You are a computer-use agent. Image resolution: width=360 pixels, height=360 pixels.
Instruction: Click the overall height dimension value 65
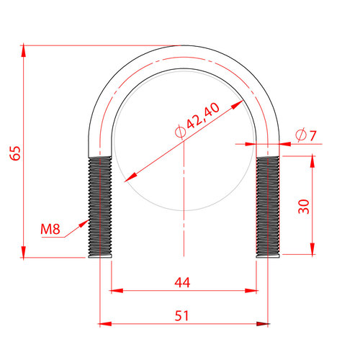pyautogui.click(x=15, y=153)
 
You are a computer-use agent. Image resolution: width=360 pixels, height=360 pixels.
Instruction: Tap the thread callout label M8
pyautogui.click(x=50, y=229)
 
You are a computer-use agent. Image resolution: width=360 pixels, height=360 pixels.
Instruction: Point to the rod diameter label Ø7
pyautogui.click(x=306, y=135)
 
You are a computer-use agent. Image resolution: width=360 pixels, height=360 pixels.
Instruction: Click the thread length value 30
pyautogui.click(x=304, y=207)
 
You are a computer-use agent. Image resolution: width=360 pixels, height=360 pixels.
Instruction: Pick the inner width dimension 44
pyautogui.click(x=182, y=282)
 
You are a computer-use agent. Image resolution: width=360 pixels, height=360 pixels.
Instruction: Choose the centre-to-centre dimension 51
pyautogui.click(x=181, y=315)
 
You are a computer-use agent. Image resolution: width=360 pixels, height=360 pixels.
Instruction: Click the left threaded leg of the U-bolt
pyautogui.click(x=100, y=207)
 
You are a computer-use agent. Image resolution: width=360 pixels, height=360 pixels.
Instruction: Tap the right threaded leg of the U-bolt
pyautogui.click(x=268, y=207)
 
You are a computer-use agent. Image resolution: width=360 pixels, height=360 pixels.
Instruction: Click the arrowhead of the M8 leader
pyautogui.click(x=84, y=223)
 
